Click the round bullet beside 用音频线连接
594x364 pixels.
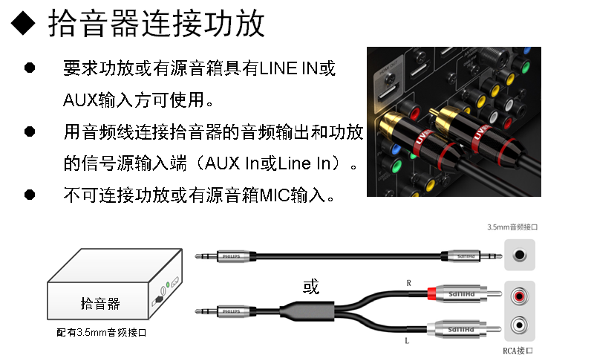click(30, 131)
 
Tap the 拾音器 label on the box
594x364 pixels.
click(100, 304)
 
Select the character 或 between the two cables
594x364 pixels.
click(311, 287)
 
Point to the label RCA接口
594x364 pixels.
click(518, 351)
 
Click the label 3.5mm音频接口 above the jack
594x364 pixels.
click(512, 227)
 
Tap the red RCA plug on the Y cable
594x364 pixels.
click(434, 296)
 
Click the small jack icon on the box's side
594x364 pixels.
click(159, 300)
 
